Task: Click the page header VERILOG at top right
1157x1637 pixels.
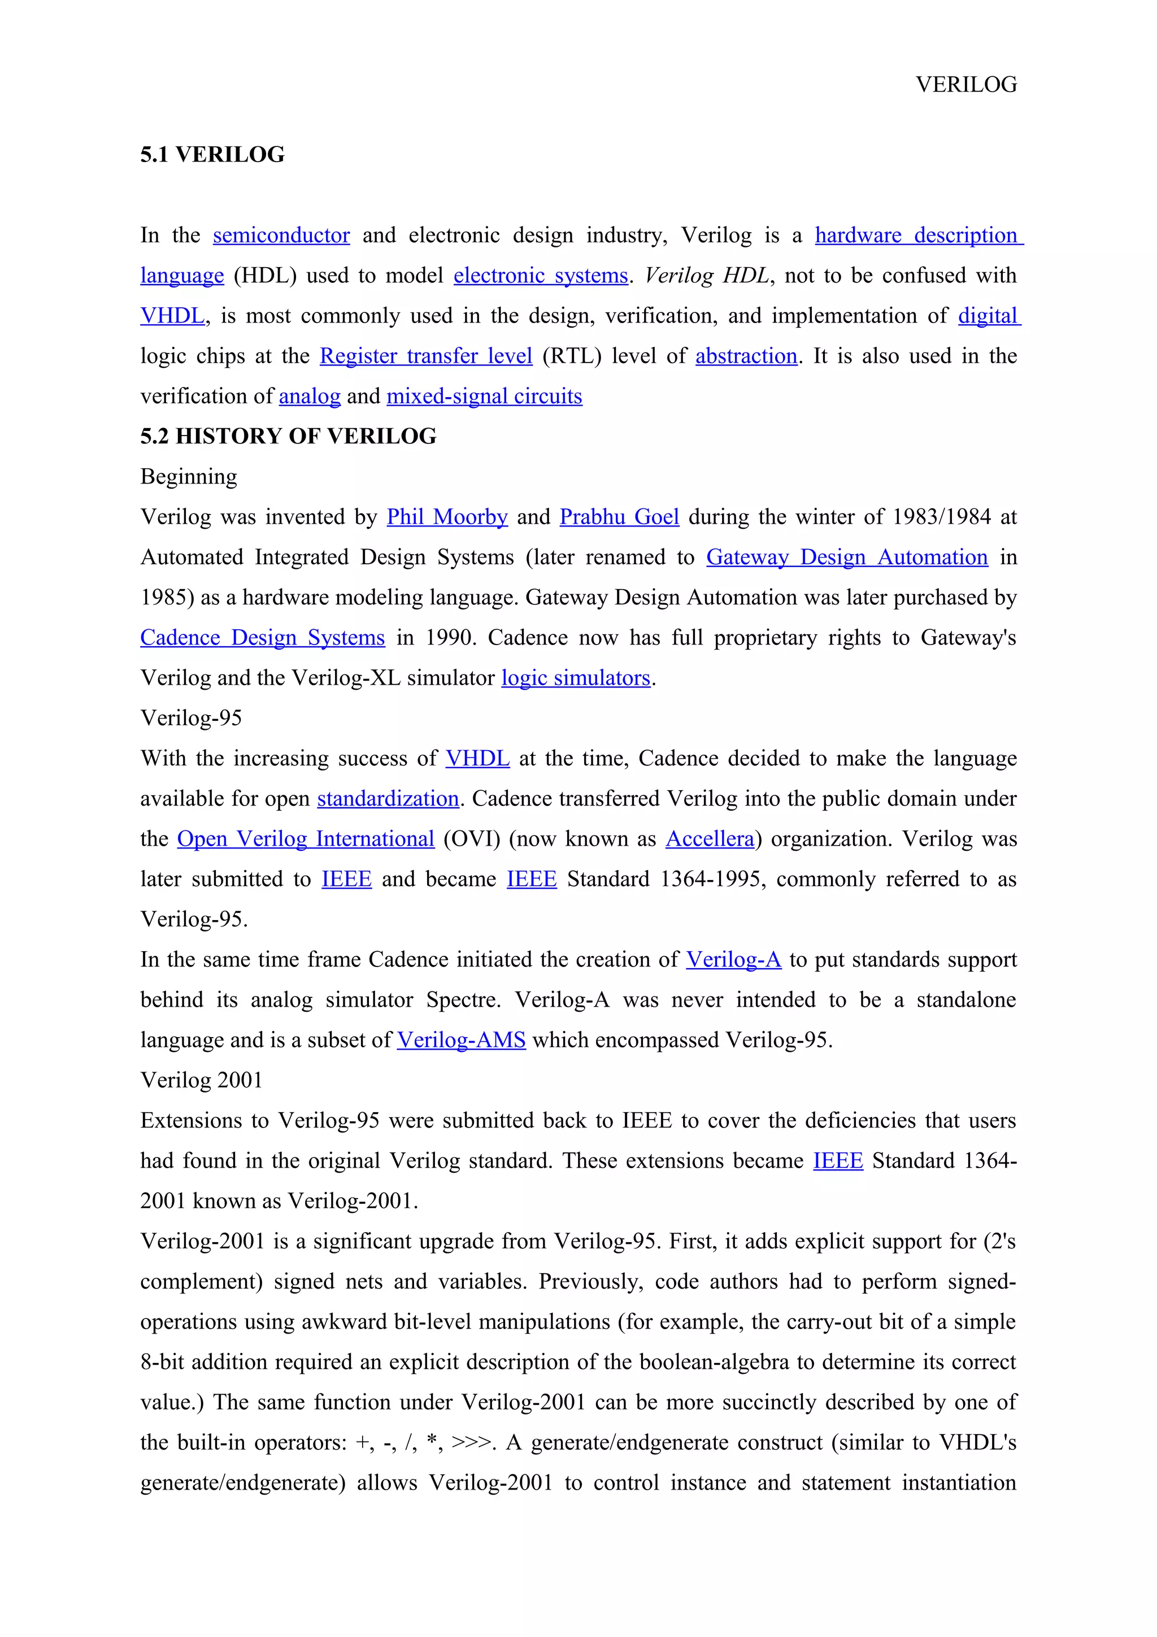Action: tap(966, 85)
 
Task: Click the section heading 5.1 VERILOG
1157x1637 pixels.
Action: tap(212, 155)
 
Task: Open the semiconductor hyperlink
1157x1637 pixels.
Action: tap(281, 236)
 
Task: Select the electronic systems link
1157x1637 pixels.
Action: tap(540, 276)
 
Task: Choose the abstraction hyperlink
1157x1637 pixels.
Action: tap(746, 356)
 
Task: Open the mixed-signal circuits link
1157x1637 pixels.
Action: tap(484, 397)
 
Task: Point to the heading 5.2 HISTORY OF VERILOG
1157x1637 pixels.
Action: tap(288, 436)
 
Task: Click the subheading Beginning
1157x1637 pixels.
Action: tap(189, 477)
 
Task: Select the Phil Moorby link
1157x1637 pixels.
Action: tap(447, 517)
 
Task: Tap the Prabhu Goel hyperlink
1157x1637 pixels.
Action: tap(619, 517)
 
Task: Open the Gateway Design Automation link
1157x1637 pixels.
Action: tap(847, 558)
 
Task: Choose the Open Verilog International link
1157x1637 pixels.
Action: tap(305, 839)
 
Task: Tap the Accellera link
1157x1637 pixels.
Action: tap(710, 839)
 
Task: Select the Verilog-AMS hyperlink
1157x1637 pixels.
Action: tap(461, 1041)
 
